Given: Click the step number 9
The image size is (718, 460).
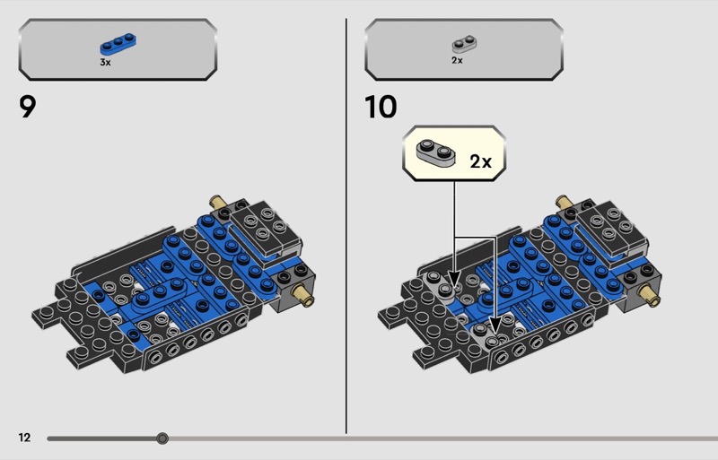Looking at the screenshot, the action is tap(28, 107).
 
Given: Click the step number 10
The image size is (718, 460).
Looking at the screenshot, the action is tap(381, 107).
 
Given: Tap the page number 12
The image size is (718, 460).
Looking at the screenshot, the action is tap(24, 438).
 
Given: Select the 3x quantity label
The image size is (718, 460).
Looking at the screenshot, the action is tap(105, 62).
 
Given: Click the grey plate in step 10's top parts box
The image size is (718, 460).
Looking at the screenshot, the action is tap(464, 44).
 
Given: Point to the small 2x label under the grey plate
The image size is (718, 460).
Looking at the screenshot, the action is tap(457, 60).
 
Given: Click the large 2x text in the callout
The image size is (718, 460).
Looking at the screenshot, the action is tap(480, 161).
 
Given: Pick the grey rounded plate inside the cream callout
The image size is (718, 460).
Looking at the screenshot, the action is tap(435, 152).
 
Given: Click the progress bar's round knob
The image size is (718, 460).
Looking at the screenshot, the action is tap(162, 438).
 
